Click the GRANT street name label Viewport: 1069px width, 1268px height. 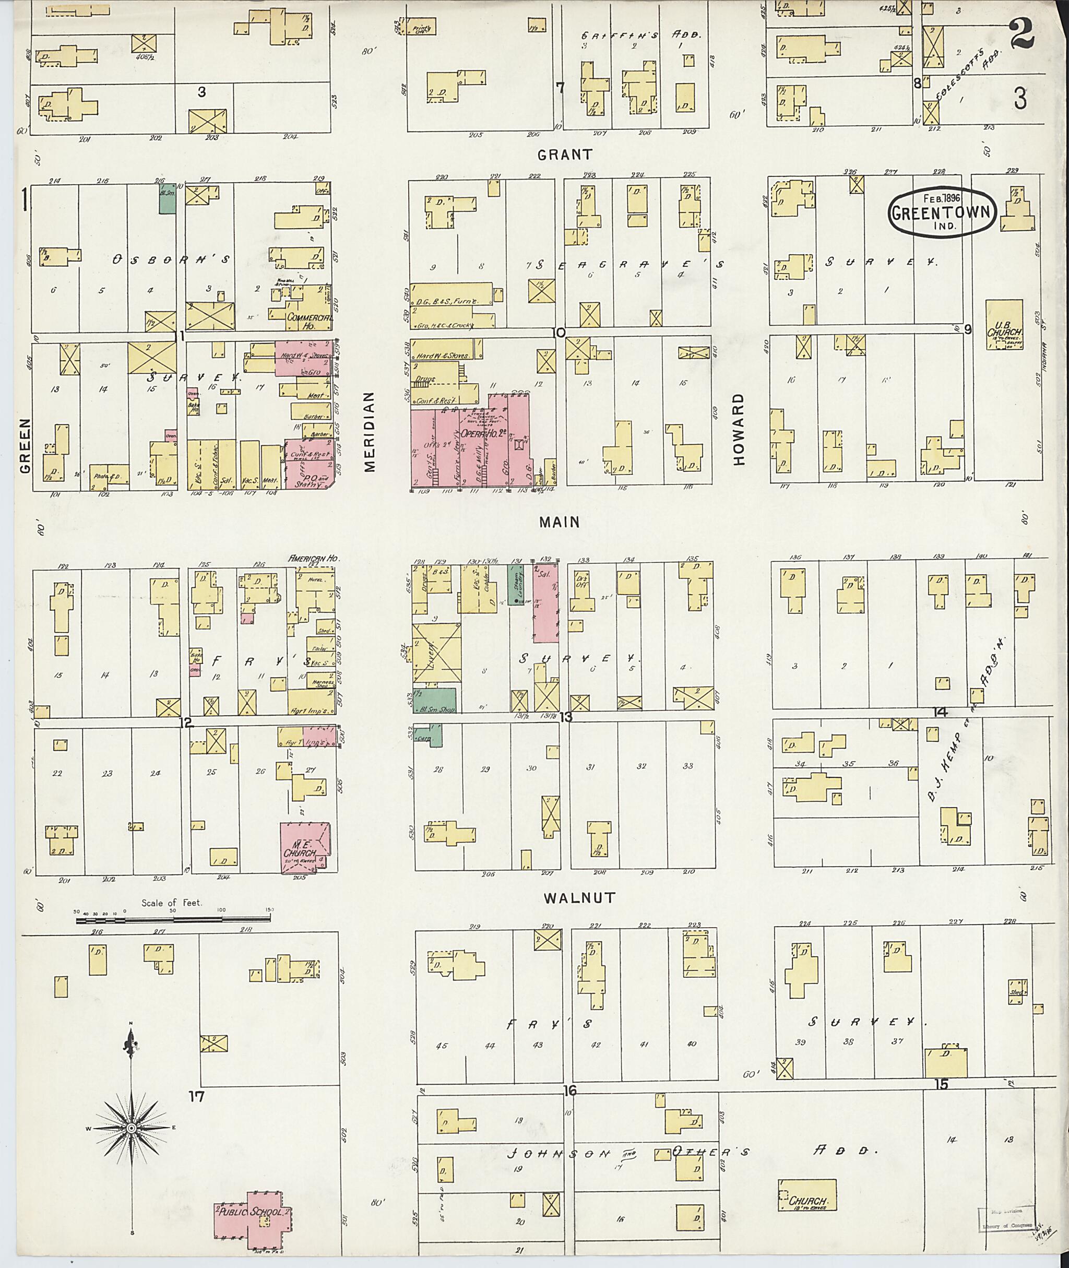click(564, 155)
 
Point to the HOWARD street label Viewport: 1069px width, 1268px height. click(738, 429)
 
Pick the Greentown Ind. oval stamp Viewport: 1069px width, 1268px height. click(942, 212)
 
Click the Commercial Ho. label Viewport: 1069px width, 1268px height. click(310, 318)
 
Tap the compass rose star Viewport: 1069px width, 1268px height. click(131, 1128)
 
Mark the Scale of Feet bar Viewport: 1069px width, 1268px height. click(173, 920)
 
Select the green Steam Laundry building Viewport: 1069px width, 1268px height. click(516, 584)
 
